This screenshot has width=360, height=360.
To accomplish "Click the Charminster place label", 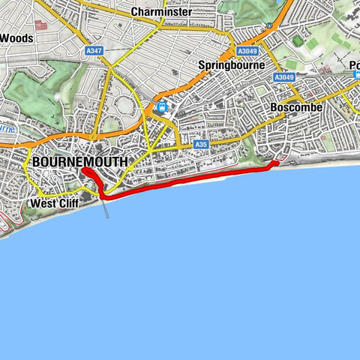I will (x=161, y=12).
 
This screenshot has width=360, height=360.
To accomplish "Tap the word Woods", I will (x=16, y=37).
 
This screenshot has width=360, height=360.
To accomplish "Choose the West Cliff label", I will (x=54, y=203).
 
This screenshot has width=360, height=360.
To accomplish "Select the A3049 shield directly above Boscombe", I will (x=284, y=77).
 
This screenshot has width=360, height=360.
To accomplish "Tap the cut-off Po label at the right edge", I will (x=355, y=66).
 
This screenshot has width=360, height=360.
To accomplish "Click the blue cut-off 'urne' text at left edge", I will (x=7, y=128).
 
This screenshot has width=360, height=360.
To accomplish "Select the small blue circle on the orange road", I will (x=268, y=26).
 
